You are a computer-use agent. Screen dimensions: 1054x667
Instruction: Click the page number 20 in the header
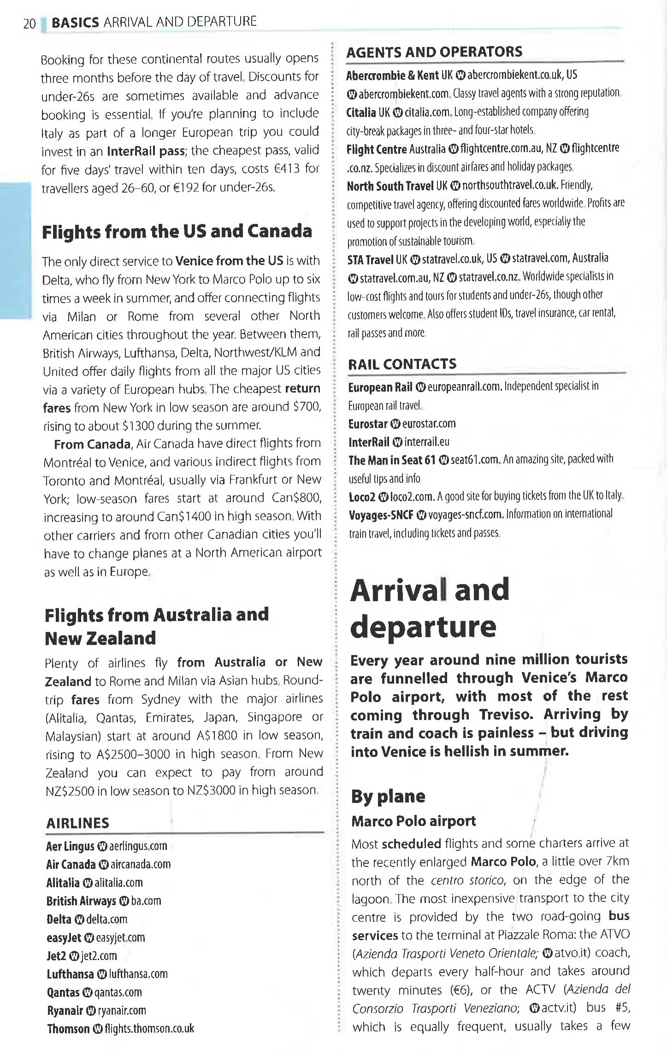tap(29, 24)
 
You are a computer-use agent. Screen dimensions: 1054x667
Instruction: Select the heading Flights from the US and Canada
tap(177, 231)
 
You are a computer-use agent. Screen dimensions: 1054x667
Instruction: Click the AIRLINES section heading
tap(77, 823)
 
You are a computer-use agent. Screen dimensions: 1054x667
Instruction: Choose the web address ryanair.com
tap(122, 1010)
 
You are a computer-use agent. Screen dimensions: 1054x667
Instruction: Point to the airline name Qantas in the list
tap(63, 992)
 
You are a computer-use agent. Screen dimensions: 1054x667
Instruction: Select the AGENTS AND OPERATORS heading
tap(434, 52)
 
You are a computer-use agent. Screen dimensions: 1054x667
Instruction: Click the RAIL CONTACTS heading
tap(402, 364)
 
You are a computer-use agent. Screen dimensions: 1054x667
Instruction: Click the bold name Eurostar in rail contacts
tap(368, 424)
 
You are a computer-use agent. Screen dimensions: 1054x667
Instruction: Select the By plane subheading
tap(388, 796)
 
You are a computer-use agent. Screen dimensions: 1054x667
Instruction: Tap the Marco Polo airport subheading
tap(413, 821)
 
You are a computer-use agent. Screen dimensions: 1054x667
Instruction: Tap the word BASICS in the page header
tap(75, 22)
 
